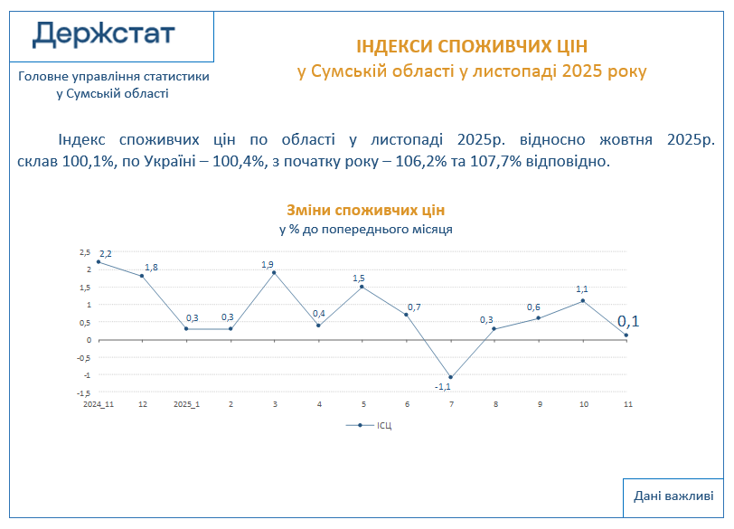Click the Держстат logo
[104, 35]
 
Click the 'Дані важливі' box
[673, 496]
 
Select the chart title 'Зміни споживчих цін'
[366, 210]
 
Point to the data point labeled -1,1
[450, 377]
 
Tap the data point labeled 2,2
[99, 261]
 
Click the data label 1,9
[268, 264]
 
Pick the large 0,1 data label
[628, 321]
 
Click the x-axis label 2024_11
[99, 404]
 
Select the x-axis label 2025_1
[186, 404]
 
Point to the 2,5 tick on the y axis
[85, 251]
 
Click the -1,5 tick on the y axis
[83, 392]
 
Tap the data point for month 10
[583, 300]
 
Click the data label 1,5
[359, 279]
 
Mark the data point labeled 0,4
[318, 326]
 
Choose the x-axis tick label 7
[450, 404]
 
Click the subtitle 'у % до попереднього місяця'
[366, 229]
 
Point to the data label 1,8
[151, 267]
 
